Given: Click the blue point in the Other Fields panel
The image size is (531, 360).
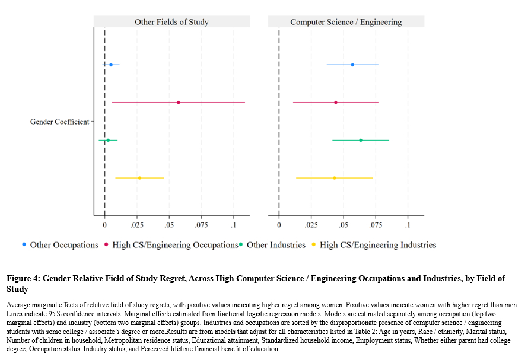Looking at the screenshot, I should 111,65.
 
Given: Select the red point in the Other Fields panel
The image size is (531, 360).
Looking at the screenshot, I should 179,103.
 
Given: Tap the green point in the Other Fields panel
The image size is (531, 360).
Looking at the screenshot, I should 108,141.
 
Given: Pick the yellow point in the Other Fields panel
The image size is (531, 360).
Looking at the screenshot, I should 139,178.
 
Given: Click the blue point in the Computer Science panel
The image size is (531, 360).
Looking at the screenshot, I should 352,65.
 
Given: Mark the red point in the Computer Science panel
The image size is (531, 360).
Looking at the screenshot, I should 336,103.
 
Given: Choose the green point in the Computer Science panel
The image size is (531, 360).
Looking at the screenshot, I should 361,141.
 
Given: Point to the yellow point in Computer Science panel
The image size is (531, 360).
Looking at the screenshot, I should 335,178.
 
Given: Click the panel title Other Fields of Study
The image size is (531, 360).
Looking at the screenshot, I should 171,22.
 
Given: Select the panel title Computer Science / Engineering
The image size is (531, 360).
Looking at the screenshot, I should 346,22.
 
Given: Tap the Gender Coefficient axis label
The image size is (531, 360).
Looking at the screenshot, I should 59,122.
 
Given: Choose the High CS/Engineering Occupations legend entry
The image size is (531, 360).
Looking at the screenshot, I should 175,245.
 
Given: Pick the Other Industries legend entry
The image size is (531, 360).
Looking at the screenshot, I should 276,245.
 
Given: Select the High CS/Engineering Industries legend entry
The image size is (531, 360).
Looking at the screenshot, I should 378,245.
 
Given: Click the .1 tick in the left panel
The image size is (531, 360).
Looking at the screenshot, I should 234,226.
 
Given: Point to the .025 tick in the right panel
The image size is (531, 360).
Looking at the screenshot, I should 311,226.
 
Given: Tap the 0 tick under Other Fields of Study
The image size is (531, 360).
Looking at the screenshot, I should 105,226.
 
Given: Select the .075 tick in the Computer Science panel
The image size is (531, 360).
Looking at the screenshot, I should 376,226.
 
